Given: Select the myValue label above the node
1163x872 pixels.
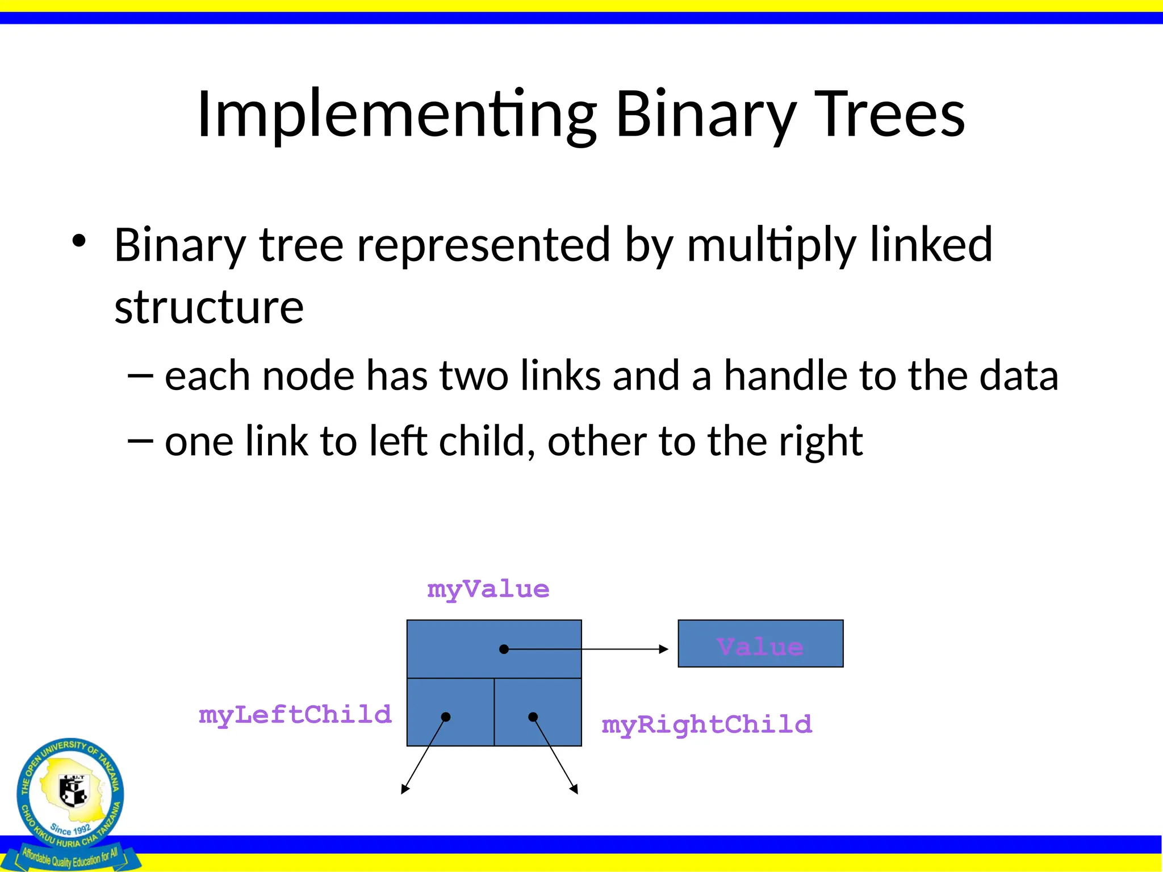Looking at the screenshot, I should pos(488,589).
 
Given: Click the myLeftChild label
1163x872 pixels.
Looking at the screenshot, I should pos(295,715).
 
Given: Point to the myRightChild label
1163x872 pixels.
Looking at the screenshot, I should pos(707,725).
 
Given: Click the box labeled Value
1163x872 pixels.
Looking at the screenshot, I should pos(760,644).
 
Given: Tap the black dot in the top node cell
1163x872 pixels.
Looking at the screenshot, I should pos(504,649).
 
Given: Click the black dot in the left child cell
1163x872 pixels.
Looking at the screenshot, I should pos(446,717).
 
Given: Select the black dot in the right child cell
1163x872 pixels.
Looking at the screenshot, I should pos(533,717).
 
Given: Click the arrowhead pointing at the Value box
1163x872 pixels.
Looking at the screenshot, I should pos(664,649).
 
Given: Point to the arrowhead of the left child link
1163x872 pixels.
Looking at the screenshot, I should pos(404,790).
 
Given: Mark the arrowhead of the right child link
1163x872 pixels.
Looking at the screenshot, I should pos(575,790).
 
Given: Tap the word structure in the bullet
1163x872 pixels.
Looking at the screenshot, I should pos(209,307).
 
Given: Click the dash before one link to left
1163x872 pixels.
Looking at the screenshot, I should pos(140,441).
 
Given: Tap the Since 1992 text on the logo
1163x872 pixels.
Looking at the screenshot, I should pos(70,829).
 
